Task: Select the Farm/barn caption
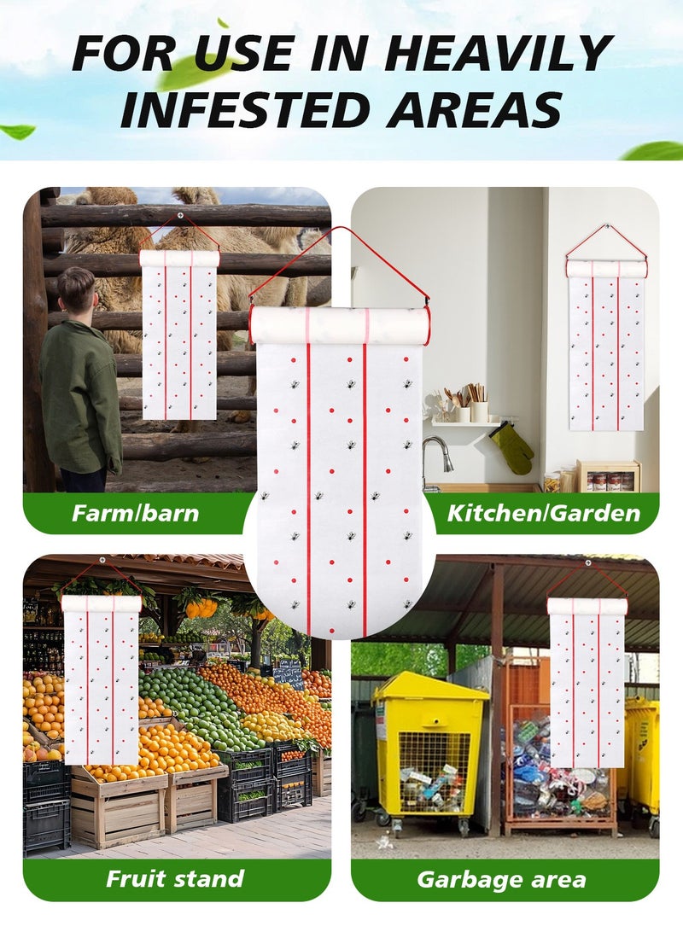pos(135,514)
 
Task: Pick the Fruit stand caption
pos(175,879)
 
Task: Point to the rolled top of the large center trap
pos(339,325)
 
